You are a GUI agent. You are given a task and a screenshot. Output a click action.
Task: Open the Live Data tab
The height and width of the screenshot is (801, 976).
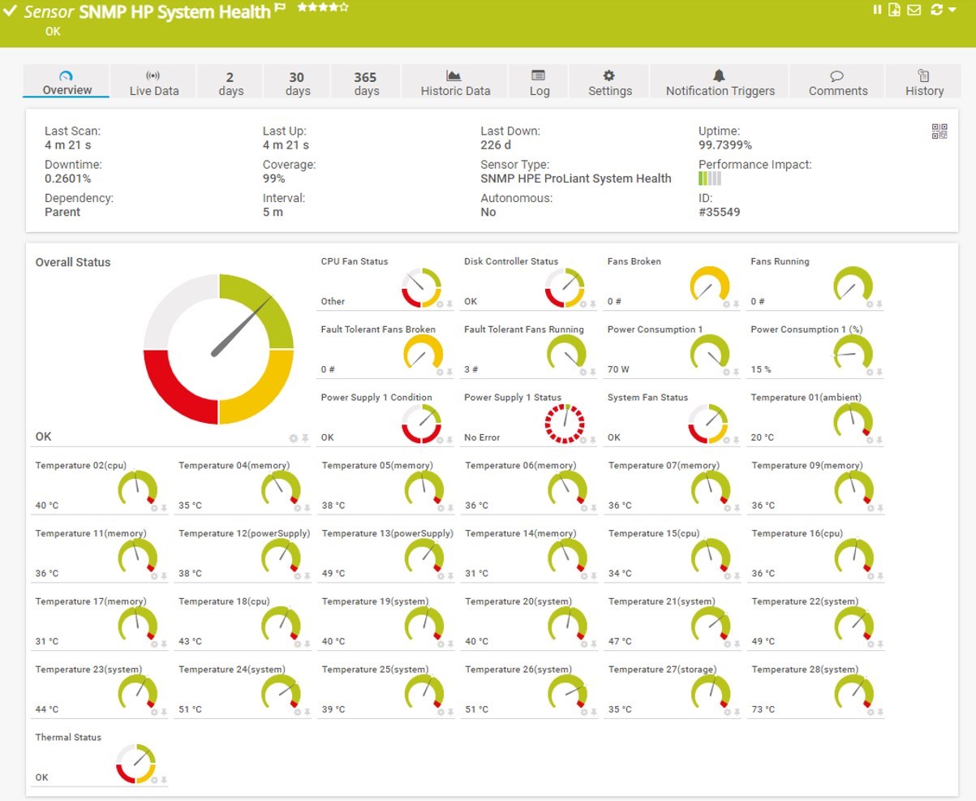point(153,83)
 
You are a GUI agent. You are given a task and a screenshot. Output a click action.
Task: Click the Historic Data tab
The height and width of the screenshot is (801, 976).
point(455,83)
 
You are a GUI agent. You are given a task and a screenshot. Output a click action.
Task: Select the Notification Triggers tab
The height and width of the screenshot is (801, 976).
point(720,83)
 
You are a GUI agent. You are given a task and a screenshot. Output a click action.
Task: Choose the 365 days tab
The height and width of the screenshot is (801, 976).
point(366,83)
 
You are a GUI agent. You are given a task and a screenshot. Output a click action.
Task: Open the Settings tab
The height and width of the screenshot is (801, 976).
point(609,83)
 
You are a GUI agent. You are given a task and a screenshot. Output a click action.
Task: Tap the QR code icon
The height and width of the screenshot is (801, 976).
point(939,131)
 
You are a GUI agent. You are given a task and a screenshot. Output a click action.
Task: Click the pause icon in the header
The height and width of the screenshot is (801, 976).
point(877,10)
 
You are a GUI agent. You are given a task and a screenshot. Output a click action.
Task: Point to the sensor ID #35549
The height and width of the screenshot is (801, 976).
point(719,212)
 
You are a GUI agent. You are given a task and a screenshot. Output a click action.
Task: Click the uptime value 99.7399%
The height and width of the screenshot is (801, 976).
point(724,145)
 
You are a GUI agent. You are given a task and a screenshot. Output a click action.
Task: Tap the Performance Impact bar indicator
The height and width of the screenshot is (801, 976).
point(709,179)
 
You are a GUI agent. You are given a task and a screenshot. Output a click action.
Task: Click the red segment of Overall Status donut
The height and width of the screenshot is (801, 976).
point(180,387)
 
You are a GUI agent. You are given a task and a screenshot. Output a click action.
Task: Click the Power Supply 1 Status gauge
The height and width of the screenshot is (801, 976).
point(564,423)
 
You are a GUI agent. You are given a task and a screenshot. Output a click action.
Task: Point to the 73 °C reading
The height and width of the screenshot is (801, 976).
point(763,709)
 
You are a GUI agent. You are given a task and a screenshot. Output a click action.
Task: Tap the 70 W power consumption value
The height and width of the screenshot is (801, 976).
point(618,369)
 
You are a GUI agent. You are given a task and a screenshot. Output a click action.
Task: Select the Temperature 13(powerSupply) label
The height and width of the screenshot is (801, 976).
point(387,533)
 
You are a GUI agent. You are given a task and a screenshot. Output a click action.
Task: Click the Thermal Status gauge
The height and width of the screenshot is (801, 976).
point(135,763)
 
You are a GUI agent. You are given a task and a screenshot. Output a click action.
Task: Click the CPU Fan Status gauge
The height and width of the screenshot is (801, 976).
point(421,287)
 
